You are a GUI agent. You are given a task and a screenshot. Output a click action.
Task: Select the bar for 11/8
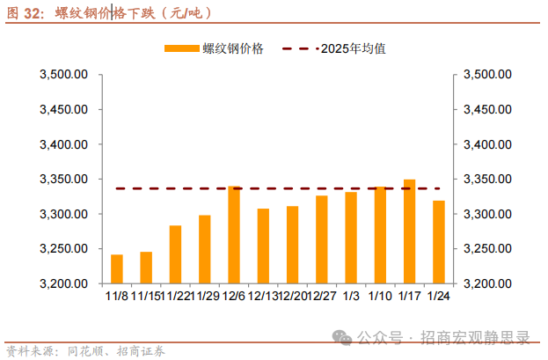click(117, 268)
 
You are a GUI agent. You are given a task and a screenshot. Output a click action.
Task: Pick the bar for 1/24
click(438, 242)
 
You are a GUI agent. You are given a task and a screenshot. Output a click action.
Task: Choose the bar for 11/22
click(175, 254)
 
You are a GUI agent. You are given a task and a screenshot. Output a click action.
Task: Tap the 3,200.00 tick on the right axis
click(486, 284)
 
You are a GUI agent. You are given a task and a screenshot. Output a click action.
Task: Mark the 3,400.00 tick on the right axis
click(486, 144)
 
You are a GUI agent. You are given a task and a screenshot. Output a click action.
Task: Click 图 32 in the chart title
click(25, 13)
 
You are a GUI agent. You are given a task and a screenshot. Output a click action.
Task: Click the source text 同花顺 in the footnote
click(85, 350)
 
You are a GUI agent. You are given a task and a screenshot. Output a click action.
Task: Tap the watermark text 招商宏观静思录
click(475, 336)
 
